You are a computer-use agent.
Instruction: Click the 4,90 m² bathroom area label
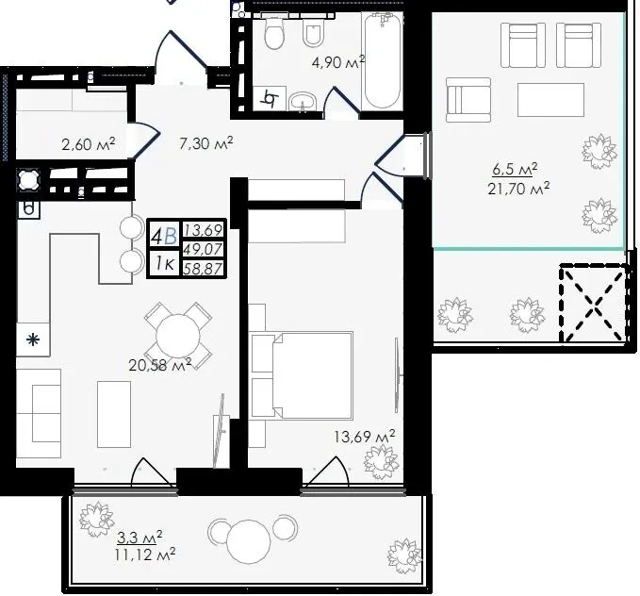[x=338, y=62]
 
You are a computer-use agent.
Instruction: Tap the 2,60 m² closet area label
[x=89, y=143]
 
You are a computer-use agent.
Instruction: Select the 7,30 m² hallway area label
[x=206, y=143]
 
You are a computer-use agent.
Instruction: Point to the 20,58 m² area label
[x=160, y=364]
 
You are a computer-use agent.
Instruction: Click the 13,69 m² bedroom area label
[x=364, y=436]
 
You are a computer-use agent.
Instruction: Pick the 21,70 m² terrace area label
[x=518, y=189]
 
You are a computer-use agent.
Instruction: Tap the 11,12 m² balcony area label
[x=145, y=555]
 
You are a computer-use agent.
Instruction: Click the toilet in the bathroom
[x=274, y=33]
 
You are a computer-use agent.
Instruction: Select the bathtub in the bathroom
[x=382, y=60]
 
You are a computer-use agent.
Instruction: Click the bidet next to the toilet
[x=314, y=33]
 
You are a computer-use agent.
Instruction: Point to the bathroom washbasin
[x=303, y=101]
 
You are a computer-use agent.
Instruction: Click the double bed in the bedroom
[x=312, y=376]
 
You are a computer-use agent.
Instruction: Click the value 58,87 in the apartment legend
[x=203, y=269]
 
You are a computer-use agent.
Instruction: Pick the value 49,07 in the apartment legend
[x=203, y=248]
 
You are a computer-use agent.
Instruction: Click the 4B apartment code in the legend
[x=164, y=236]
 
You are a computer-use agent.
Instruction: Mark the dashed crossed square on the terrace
[x=594, y=303]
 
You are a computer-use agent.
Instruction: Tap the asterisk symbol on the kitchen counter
[x=33, y=339]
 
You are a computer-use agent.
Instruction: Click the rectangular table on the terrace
[x=550, y=100]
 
